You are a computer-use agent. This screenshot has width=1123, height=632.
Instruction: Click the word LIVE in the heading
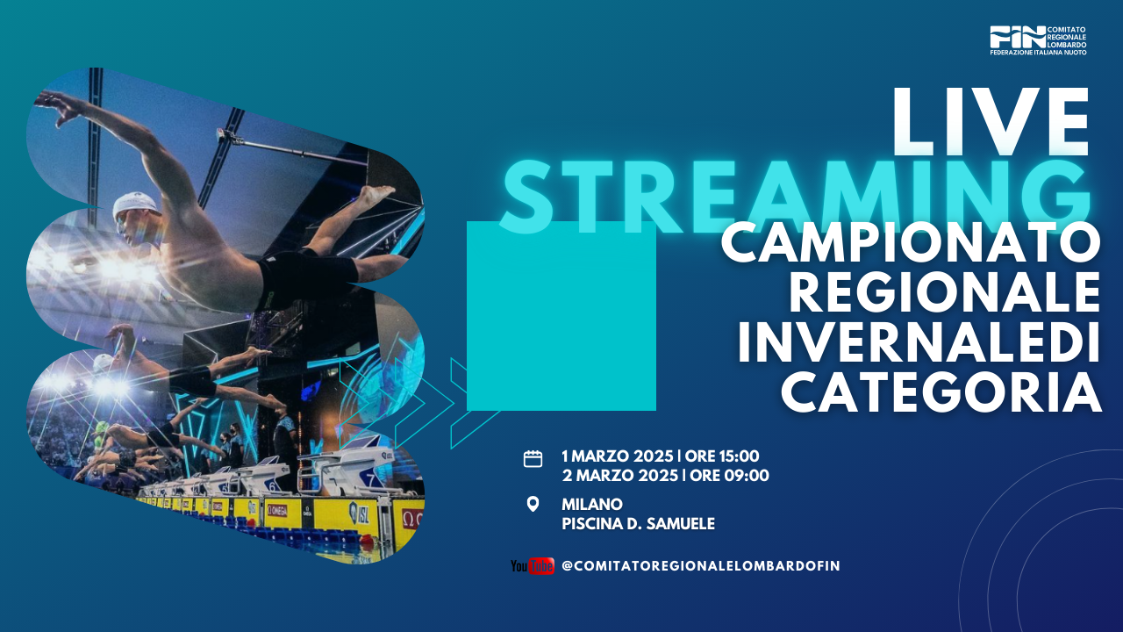click(x=991, y=122)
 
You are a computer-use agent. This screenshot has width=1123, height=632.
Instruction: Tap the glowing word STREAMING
click(x=798, y=197)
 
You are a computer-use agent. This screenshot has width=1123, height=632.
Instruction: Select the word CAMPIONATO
click(x=911, y=243)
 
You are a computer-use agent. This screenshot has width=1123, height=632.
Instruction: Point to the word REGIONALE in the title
click(x=945, y=292)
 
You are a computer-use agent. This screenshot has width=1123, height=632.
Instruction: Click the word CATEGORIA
click(x=941, y=391)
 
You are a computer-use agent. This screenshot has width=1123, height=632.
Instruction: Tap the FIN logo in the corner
click(x=1038, y=40)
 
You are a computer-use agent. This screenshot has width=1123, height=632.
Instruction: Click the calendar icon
click(x=533, y=459)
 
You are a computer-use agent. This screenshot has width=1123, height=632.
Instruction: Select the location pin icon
click(x=533, y=504)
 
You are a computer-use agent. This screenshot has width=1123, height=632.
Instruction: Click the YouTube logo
click(x=533, y=566)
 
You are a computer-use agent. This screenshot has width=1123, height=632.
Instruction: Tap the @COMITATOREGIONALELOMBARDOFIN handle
click(x=700, y=566)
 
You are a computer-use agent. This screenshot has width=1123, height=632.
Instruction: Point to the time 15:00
click(x=740, y=456)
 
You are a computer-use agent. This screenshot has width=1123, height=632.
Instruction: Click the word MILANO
click(x=592, y=504)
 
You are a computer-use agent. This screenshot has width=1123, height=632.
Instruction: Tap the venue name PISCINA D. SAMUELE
click(x=638, y=524)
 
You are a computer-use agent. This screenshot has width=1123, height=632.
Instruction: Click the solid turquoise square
click(x=561, y=316)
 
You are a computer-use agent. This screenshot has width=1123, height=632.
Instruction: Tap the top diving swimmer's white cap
click(x=135, y=205)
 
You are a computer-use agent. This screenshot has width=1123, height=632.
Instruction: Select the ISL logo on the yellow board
click(x=359, y=513)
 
